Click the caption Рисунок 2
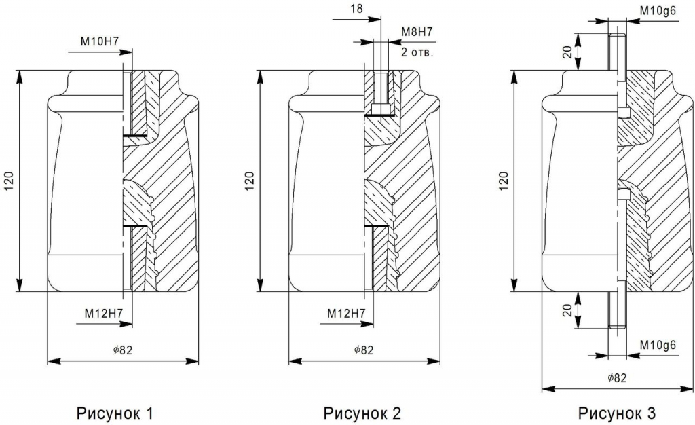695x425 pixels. pos(362,412)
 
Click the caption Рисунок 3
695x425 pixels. pos(617,412)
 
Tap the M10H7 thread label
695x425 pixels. pos(100,41)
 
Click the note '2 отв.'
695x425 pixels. pos(417,52)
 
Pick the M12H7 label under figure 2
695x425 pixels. pos(347,314)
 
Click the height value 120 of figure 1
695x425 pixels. pos(9,179)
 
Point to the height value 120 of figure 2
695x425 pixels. pos(249,179)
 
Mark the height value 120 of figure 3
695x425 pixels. pos(503,179)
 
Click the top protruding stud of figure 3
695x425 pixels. pos(617,51)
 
